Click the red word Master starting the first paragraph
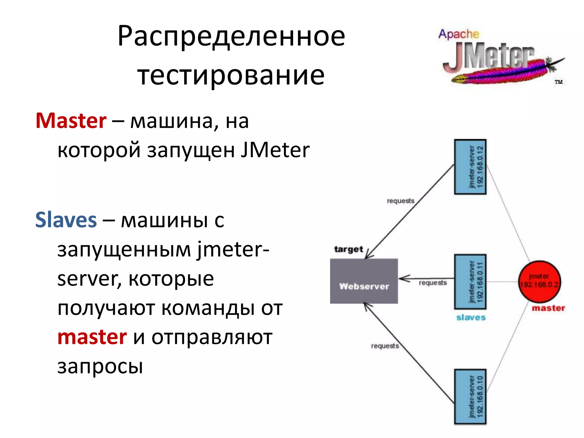click(x=71, y=121)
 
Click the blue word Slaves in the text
click(x=66, y=220)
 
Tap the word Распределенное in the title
click(x=231, y=36)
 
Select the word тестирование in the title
click(x=231, y=75)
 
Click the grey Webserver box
click(x=364, y=281)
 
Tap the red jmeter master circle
click(x=539, y=281)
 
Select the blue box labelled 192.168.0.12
click(x=470, y=167)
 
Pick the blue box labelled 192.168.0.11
click(x=470, y=282)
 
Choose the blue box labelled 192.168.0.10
click(x=470, y=397)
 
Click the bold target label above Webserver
click(x=348, y=249)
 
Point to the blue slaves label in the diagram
click(x=471, y=317)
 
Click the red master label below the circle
click(x=548, y=308)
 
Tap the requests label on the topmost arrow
click(x=400, y=201)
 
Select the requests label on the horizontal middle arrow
click(x=433, y=283)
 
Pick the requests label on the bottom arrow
click(x=385, y=346)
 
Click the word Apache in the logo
click(x=459, y=34)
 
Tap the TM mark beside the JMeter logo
click(x=558, y=82)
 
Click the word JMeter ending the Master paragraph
click(x=275, y=150)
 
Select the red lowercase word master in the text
click(x=92, y=337)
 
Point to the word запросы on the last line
click(x=100, y=366)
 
